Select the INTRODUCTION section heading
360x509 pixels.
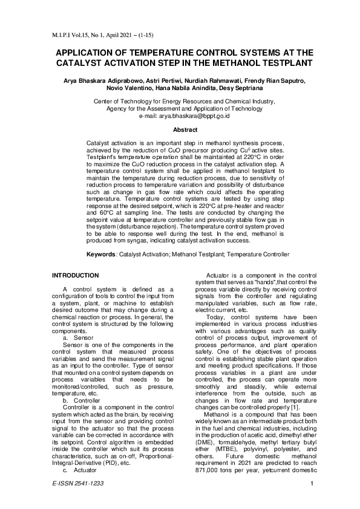pos(78,276)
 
